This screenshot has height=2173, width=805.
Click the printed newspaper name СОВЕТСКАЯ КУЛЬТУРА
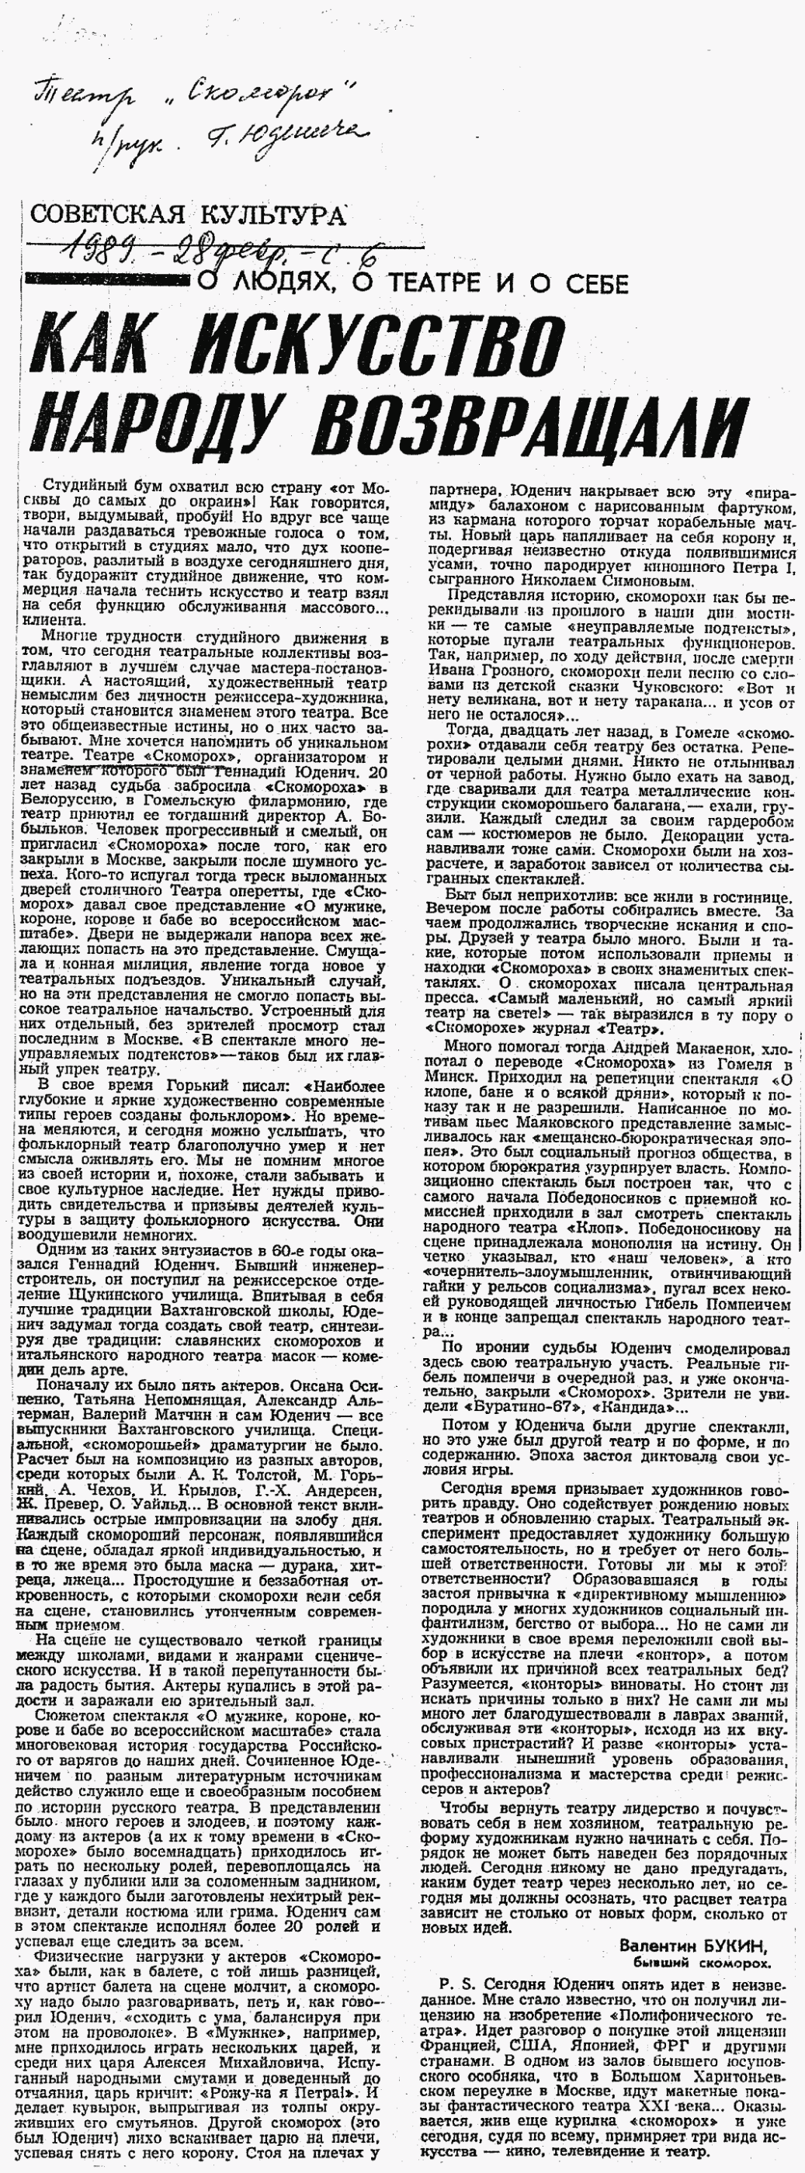pyautogui.click(x=187, y=214)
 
